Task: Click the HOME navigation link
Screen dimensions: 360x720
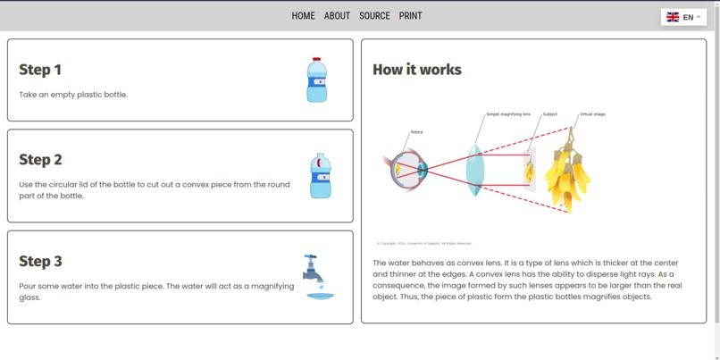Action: pyautogui.click(x=303, y=16)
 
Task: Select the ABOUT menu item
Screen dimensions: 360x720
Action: pyautogui.click(x=337, y=16)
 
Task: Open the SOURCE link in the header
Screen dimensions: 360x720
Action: pyautogui.click(x=374, y=16)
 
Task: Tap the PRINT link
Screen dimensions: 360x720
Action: pyautogui.click(x=410, y=16)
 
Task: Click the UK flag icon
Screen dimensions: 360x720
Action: pyautogui.click(x=673, y=17)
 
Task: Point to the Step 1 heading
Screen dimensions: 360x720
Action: pyautogui.click(x=40, y=70)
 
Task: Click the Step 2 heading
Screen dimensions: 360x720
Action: pyautogui.click(x=40, y=160)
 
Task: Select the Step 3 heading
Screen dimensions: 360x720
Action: pyautogui.click(x=40, y=262)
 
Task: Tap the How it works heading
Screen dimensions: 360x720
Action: pyautogui.click(x=417, y=70)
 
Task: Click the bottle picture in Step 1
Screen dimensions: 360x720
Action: pyautogui.click(x=316, y=80)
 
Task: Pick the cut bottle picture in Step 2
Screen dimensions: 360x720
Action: pyautogui.click(x=320, y=175)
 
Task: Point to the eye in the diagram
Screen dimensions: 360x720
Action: pyautogui.click(x=408, y=170)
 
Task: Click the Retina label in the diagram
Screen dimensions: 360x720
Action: pyautogui.click(x=416, y=132)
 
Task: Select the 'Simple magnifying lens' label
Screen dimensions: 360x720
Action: pyautogui.click(x=508, y=114)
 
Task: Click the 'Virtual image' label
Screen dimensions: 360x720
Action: pyautogui.click(x=592, y=114)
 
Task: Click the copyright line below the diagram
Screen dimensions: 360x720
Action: pyautogui.click(x=423, y=243)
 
